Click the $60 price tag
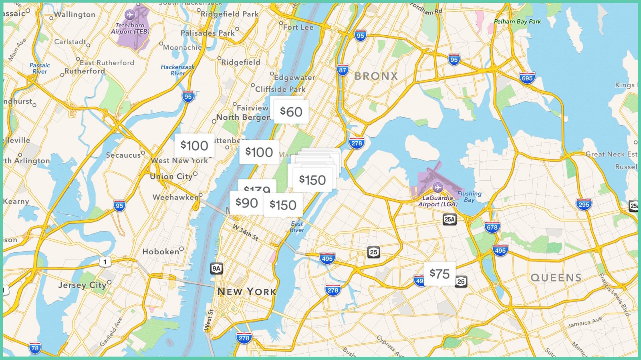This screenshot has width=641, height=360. [291, 112]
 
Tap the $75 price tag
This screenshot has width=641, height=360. [439, 274]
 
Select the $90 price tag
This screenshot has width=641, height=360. [246, 203]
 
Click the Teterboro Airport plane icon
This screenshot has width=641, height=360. [129, 15]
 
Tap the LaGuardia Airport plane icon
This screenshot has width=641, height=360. [437, 187]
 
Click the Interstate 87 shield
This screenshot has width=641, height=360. [343, 70]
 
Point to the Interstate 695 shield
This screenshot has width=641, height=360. [527, 78]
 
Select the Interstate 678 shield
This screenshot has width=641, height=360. [492, 227]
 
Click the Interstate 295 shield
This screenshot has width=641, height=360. [584, 205]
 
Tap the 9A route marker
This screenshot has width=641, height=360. [216, 268]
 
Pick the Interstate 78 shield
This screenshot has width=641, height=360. [35, 348]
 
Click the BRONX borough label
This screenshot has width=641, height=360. [376, 76]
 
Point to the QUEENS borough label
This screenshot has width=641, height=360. [556, 278]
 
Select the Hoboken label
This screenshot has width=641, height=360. [161, 251]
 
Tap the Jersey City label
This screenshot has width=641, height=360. [82, 285]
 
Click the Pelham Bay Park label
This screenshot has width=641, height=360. [517, 22]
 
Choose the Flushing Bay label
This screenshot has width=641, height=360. [469, 196]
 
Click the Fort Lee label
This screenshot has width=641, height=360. [298, 27]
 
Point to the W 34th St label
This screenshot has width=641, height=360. [246, 232]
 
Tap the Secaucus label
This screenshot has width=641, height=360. [123, 155]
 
